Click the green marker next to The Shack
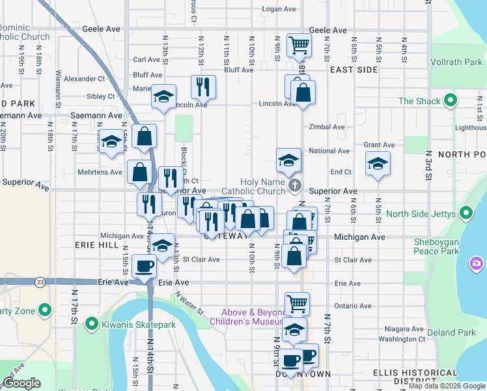pos(449,101)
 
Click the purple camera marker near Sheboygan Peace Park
pos(477,263)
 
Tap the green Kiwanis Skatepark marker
pos(92,323)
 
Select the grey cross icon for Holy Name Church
pos(294,186)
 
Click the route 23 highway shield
pos(40,282)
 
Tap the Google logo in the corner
pos(21,383)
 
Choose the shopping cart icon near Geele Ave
pos(299,45)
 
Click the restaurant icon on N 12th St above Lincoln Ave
pos(203,86)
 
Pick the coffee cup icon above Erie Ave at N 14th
pos(145,266)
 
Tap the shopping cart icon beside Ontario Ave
pos(297,303)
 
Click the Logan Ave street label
pos(279,9)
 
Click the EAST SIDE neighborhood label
pos(354,69)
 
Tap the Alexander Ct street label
pos(85,78)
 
